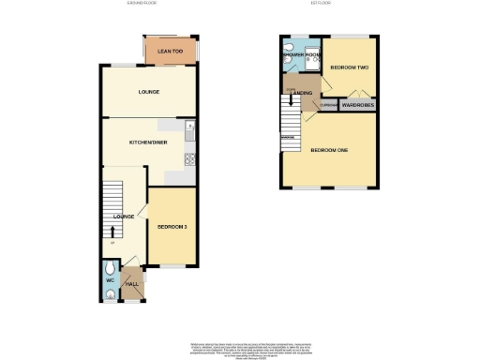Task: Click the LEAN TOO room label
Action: (x=170, y=51)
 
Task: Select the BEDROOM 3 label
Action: (x=172, y=227)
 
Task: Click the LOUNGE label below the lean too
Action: (x=148, y=92)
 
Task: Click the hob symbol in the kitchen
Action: (x=189, y=157)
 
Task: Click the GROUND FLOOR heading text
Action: (x=142, y=5)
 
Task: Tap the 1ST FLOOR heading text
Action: (x=331, y=5)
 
